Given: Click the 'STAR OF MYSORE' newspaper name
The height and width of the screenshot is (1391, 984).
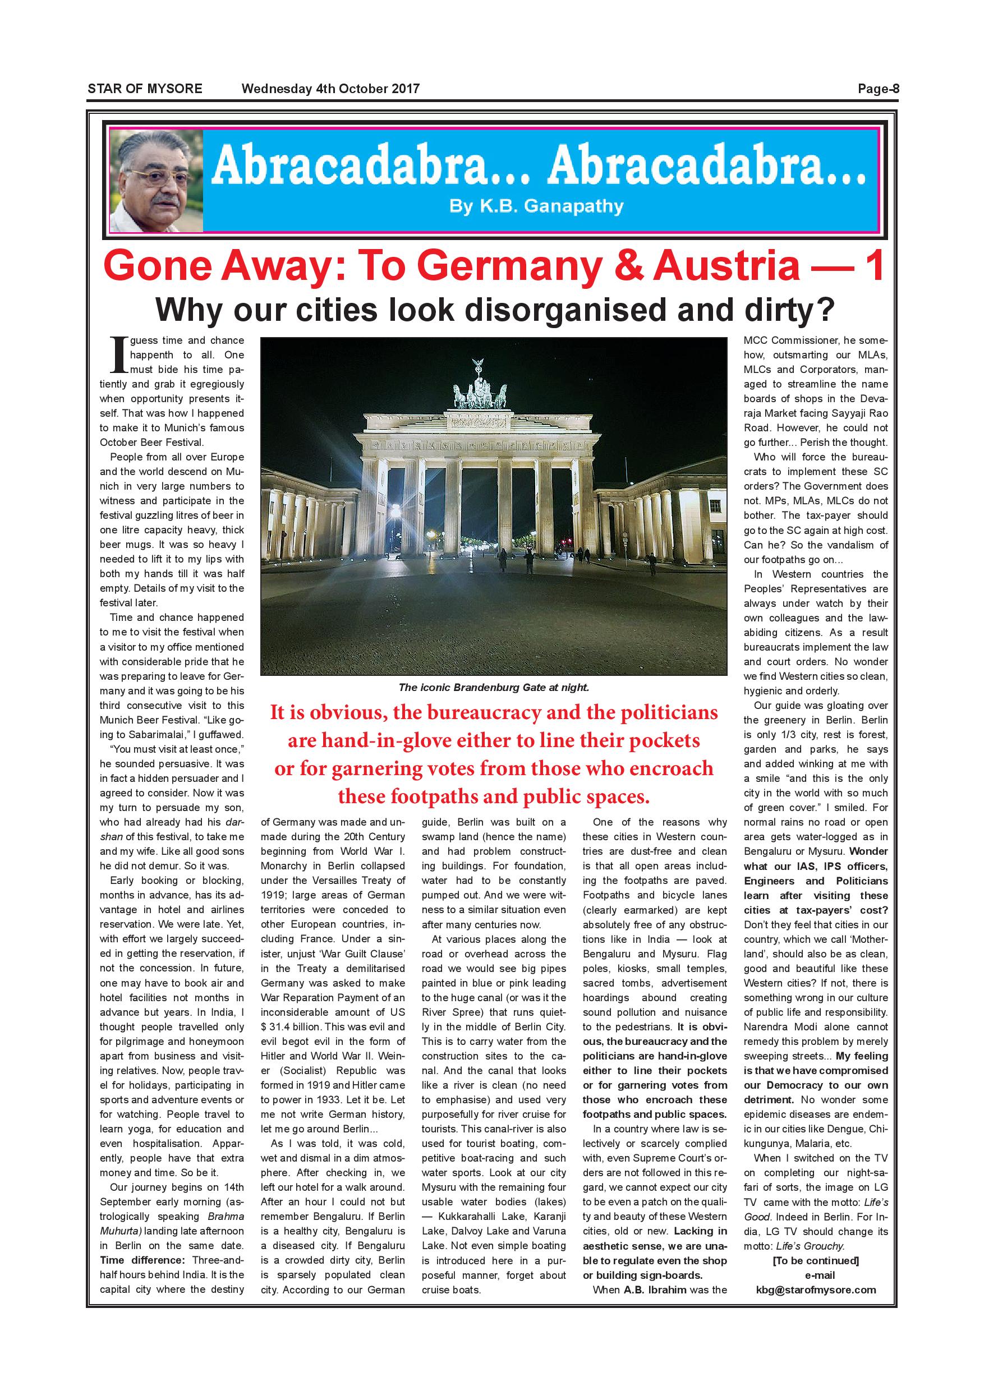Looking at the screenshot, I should pyautogui.click(x=145, y=89).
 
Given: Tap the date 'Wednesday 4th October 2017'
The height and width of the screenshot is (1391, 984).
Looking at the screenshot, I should pyautogui.click(x=330, y=89).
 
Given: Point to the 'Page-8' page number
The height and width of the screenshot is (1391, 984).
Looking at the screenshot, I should pyautogui.click(x=878, y=89).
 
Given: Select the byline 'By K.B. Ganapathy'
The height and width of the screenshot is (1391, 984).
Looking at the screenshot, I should pyautogui.click(x=536, y=206).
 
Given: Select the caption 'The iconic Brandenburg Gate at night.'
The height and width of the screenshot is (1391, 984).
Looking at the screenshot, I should pyautogui.click(x=493, y=687).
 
